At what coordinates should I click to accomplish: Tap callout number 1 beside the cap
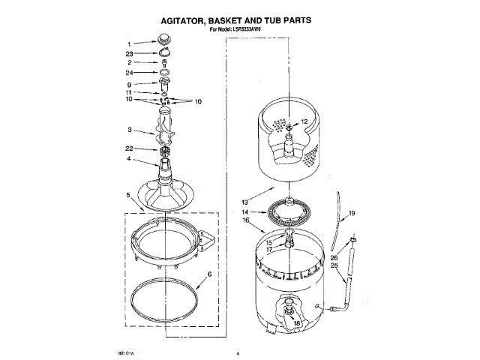[x=129, y=43]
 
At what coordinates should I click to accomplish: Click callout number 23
[x=129, y=54]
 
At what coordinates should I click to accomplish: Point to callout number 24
[x=129, y=73]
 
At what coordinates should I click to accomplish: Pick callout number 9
[x=129, y=84]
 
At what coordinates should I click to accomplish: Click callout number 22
[x=129, y=148]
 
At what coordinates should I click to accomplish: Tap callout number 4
[x=129, y=159]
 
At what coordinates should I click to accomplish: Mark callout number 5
[x=129, y=195]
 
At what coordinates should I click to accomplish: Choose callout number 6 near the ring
[x=209, y=275]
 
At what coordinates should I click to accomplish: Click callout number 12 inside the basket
[x=304, y=121]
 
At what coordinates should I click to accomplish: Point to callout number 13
[x=244, y=202]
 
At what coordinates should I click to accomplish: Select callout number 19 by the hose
[x=351, y=214]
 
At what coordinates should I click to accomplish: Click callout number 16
[x=244, y=220]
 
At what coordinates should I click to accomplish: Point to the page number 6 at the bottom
[x=237, y=352]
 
